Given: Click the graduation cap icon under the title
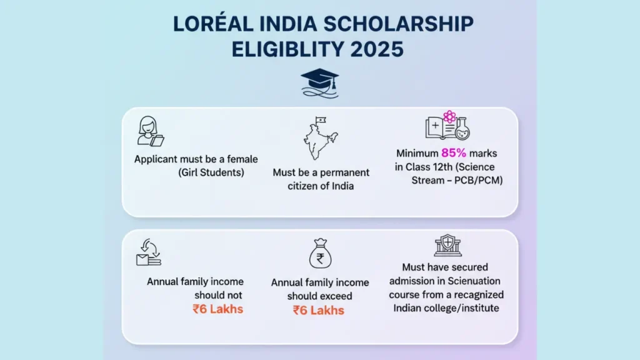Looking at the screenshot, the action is click(319, 83).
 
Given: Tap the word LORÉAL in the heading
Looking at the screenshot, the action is click(213, 24).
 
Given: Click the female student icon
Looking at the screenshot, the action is click(150, 131).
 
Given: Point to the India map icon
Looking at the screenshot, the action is click(321, 138).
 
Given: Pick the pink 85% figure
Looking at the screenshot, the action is click(454, 153).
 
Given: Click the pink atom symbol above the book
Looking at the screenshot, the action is click(449, 117).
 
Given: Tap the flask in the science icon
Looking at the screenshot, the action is click(462, 129).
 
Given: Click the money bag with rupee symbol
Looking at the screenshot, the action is click(321, 254).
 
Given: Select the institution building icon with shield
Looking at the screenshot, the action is click(447, 245).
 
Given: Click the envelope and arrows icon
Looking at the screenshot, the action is click(149, 252).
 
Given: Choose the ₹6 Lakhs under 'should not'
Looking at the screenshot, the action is click(218, 309).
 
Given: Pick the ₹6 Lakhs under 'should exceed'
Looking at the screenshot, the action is click(319, 310).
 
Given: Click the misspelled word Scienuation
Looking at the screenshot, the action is click(474, 281).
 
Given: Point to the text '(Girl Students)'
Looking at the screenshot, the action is click(211, 172).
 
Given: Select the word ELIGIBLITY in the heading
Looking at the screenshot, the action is click(288, 49).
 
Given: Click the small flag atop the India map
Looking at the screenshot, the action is click(321, 120).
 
